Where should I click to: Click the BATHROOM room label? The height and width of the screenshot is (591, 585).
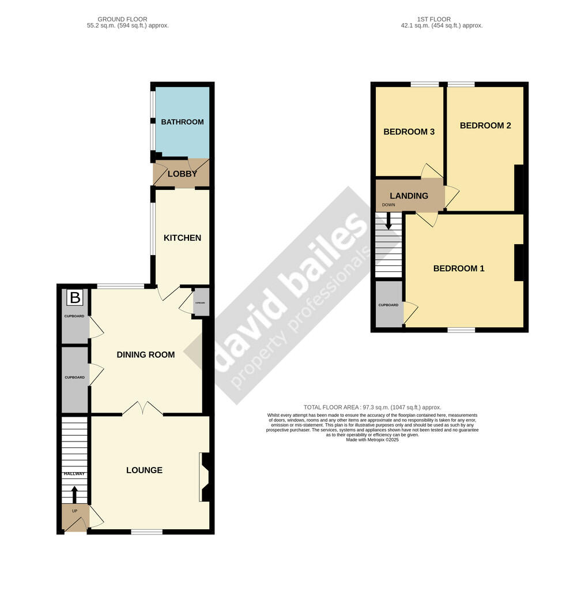[x=182, y=122]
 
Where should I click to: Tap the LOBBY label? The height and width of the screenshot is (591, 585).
[x=182, y=174]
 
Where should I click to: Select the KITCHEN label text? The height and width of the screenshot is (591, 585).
[x=182, y=238]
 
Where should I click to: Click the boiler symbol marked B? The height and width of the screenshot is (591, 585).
[x=75, y=298]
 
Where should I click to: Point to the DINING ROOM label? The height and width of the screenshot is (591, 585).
[x=146, y=354]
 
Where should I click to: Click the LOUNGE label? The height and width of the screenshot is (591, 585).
[x=144, y=470]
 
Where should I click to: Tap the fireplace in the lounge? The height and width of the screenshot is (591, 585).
[x=205, y=477]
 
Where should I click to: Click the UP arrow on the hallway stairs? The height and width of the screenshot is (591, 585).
[x=74, y=494]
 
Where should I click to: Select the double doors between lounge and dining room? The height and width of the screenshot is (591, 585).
[x=142, y=409]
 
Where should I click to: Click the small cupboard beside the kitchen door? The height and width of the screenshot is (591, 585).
[x=200, y=303]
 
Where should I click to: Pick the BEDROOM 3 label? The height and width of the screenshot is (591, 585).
[x=409, y=132]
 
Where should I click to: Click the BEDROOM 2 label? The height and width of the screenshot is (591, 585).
[x=485, y=125]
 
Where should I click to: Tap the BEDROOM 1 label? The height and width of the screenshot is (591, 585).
[x=459, y=268]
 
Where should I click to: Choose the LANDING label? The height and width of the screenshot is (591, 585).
[x=409, y=196]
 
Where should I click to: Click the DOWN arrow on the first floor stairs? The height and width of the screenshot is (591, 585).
[x=389, y=221]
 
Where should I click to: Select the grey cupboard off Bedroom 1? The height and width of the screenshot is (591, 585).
[x=388, y=304]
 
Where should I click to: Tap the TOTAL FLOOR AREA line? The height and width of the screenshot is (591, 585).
[x=372, y=407]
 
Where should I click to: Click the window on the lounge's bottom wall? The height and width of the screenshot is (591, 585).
[x=146, y=532]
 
